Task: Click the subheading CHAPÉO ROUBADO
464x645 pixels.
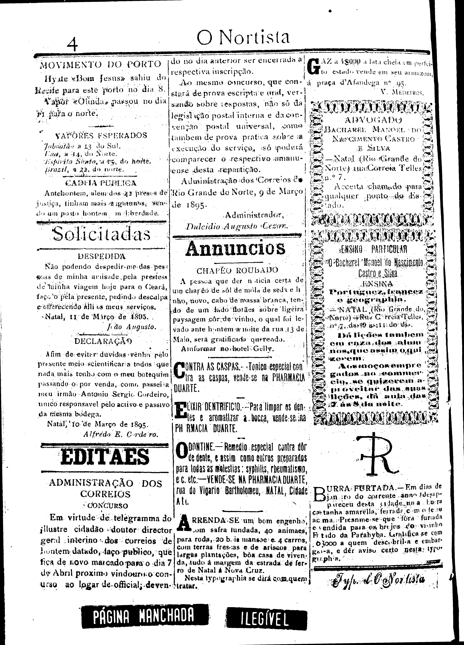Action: click(237, 270)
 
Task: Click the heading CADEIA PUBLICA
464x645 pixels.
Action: click(101, 183)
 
